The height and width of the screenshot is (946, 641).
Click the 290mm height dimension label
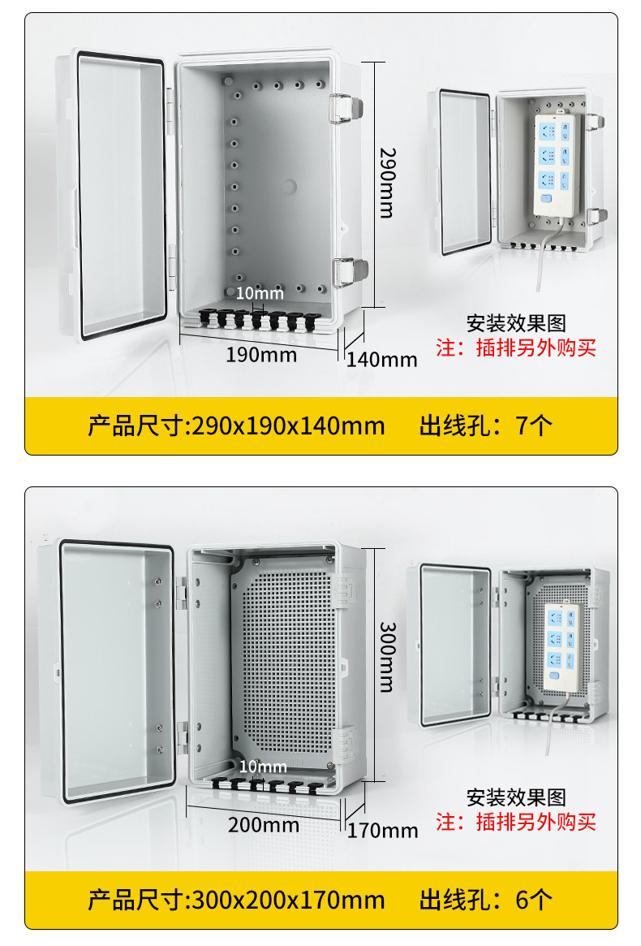pos(386,182)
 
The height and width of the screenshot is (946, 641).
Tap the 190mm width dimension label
pos(261,355)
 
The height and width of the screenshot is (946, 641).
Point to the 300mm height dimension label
pos(386,656)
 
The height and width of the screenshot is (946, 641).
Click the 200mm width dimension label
pos(263,825)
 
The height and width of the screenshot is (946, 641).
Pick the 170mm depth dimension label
pos(383,830)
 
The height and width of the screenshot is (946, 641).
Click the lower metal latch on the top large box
pos(351,271)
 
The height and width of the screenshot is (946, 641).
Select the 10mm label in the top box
pos(260,293)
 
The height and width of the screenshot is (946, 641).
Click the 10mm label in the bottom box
pos(263,767)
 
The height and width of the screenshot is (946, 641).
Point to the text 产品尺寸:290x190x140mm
pos(236,425)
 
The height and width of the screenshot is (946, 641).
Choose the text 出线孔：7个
pos(485,425)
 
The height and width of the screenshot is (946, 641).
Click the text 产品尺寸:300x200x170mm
pos(236,899)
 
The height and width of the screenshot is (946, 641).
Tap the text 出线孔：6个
pos(485,899)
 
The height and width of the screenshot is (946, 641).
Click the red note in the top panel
pos(516,348)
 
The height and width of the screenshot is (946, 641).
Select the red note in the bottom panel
pos(516,822)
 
